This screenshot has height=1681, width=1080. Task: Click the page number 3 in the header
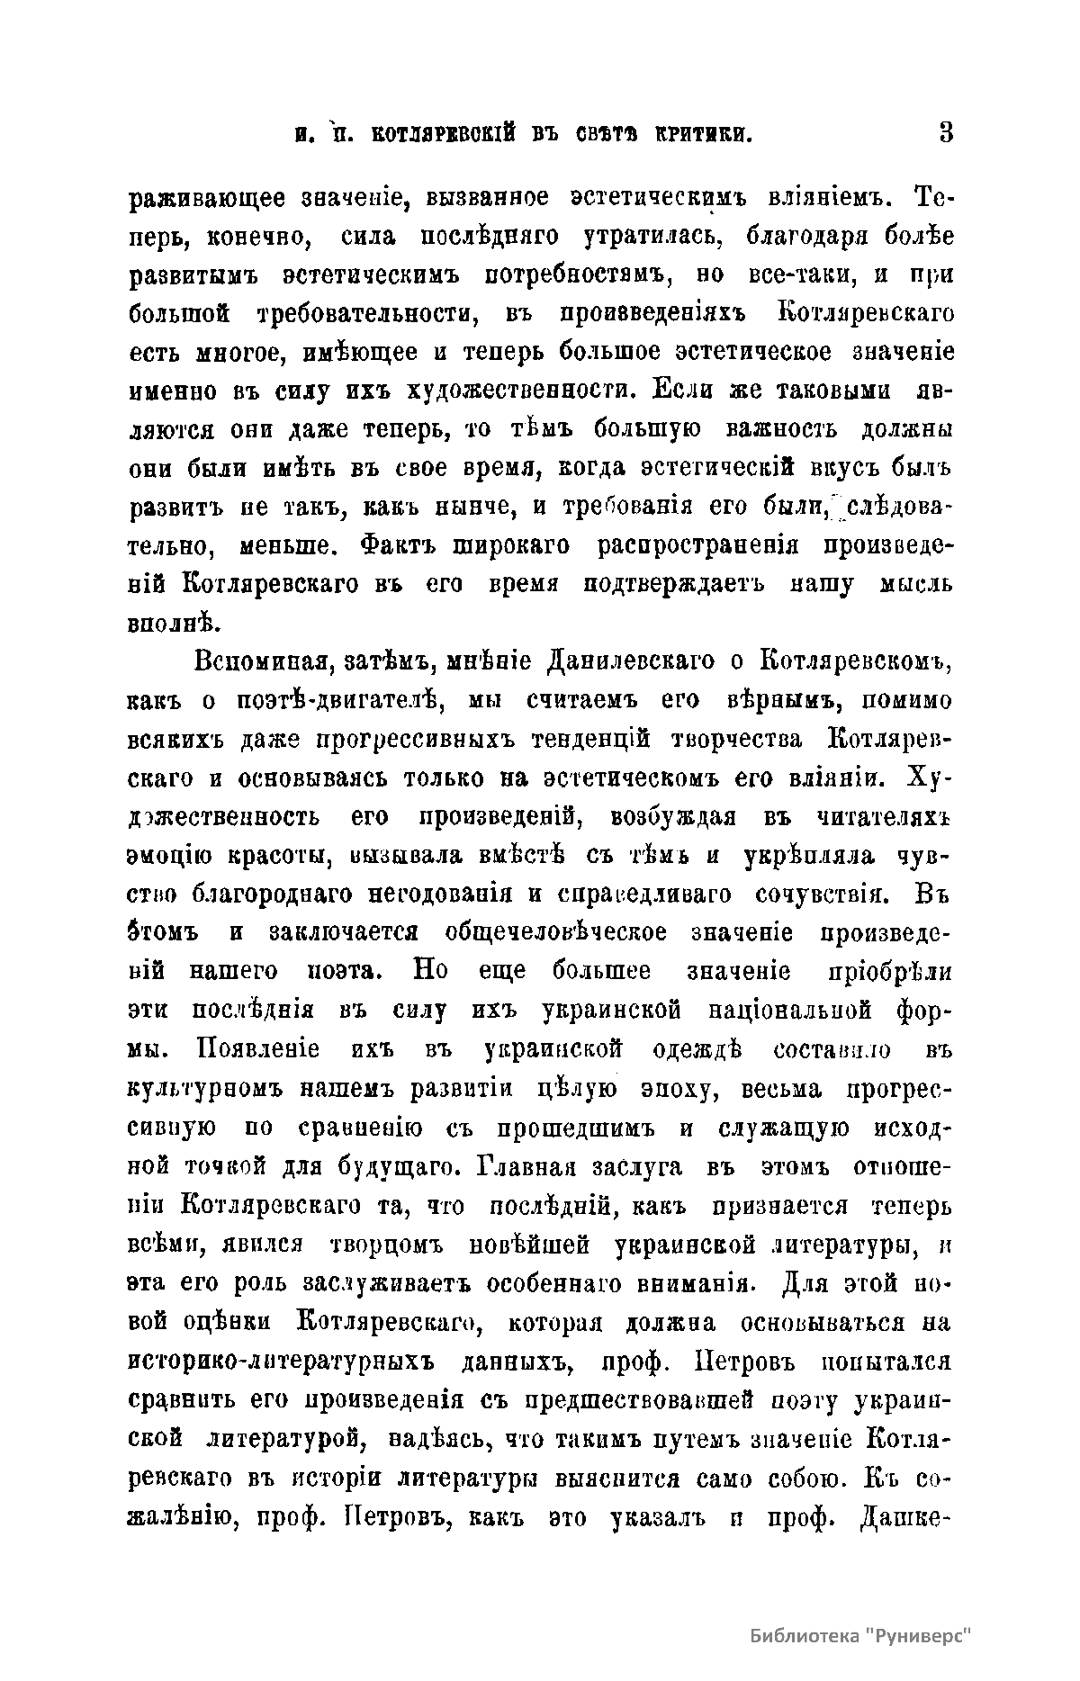(x=944, y=134)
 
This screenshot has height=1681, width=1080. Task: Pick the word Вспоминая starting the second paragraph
(x=256, y=662)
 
